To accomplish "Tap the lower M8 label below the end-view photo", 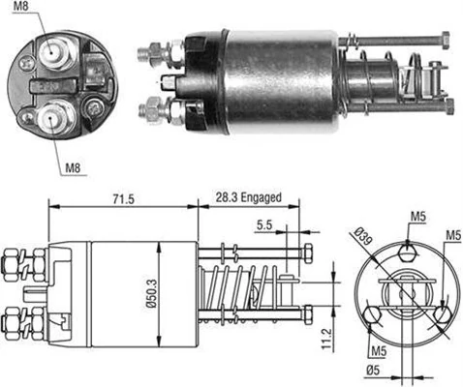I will pyautogui.click(x=73, y=166).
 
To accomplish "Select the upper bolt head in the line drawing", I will pyautogui.click(x=307, y=254).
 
